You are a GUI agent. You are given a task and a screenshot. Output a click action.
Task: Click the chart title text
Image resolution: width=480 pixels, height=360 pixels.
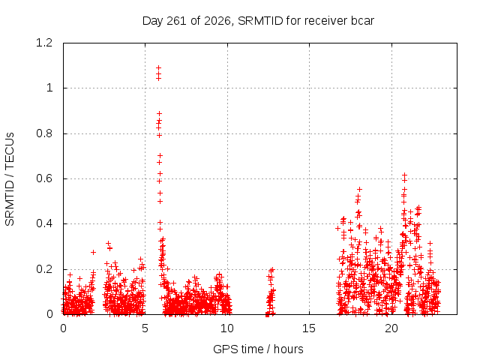pos(258,21)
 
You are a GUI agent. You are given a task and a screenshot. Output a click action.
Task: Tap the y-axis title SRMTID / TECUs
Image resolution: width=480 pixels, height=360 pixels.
pos(10,178)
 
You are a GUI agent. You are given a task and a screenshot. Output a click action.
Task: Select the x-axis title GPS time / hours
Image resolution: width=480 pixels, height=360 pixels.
pos(258,349)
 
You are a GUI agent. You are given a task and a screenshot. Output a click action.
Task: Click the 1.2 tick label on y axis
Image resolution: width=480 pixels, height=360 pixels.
pos(44,43)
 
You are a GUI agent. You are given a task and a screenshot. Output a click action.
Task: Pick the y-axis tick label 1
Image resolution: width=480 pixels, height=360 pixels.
pos(49,88)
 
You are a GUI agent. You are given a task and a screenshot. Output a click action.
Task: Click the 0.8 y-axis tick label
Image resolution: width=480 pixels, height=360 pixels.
pos(44,133)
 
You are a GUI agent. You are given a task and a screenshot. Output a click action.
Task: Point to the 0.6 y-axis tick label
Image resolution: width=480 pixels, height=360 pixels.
pos(44,178)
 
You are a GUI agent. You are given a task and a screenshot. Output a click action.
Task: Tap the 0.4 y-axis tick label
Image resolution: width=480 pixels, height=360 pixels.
pos(44,223)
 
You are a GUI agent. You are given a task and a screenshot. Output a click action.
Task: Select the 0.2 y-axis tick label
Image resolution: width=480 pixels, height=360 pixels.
pos(44,269)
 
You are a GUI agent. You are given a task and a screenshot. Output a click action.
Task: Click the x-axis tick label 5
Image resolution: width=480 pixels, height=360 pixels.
pos(145,328)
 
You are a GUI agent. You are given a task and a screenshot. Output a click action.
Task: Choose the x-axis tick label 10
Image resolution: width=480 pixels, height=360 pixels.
pos(227,328)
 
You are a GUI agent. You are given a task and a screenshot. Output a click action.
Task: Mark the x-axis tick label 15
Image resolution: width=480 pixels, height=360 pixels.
pos(309,328)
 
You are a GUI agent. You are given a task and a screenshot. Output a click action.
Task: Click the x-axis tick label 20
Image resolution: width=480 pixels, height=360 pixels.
pos(391,328)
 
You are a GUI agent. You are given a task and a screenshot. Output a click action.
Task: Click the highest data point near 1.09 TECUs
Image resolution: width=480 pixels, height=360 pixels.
pos(158,67)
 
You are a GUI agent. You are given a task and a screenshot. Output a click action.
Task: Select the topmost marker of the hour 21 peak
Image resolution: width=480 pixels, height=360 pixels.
pos(404,175)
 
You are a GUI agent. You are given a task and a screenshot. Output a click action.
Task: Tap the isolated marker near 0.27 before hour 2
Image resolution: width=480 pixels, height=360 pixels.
pos(93,252)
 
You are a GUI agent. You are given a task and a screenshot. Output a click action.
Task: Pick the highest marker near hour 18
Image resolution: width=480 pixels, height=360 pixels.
pos(360,190)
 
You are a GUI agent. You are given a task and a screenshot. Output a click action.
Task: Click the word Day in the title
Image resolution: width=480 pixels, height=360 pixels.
pos(152,21)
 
